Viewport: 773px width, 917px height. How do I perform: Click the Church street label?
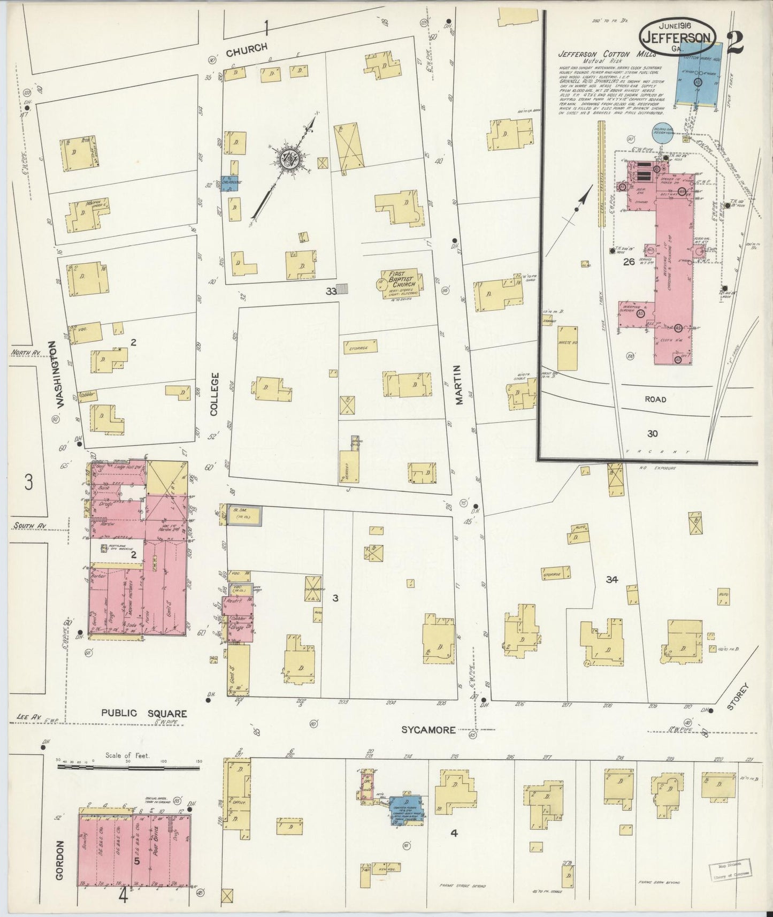coord(246,49)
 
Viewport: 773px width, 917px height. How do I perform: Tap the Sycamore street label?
coord(428,730)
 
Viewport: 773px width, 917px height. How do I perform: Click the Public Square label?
coord(144,713)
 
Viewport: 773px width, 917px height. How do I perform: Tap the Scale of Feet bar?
coord(128,767)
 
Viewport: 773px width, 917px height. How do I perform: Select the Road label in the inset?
coord(655,399)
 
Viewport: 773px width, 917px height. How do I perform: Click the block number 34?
coord(612,579)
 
